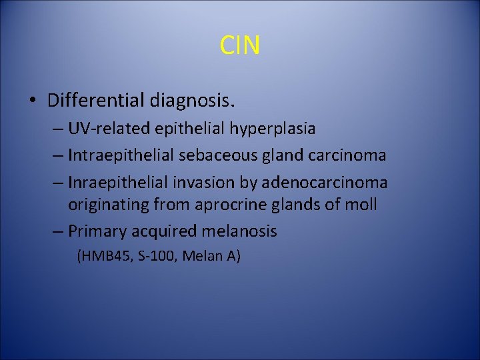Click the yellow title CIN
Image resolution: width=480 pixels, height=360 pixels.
tap(240, 46)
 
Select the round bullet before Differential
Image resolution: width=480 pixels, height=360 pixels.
tap(32, 101)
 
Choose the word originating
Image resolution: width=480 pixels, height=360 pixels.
tap(109, 205)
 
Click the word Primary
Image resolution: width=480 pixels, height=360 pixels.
tap(95, 232)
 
